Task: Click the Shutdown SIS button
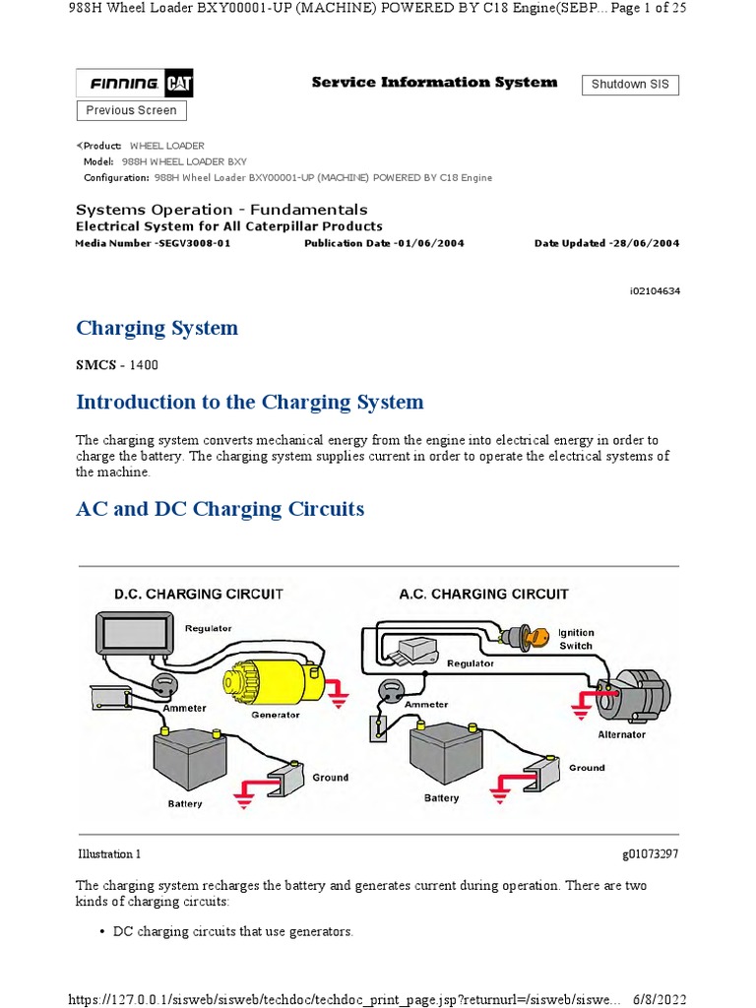tap(630, 85)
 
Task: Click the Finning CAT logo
tap(135, 85)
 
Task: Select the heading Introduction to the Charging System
tap(250, 402)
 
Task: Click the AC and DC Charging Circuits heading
tap(220, 509)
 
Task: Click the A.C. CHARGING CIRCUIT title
tap(483, 594)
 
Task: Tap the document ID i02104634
tap(653, 291)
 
